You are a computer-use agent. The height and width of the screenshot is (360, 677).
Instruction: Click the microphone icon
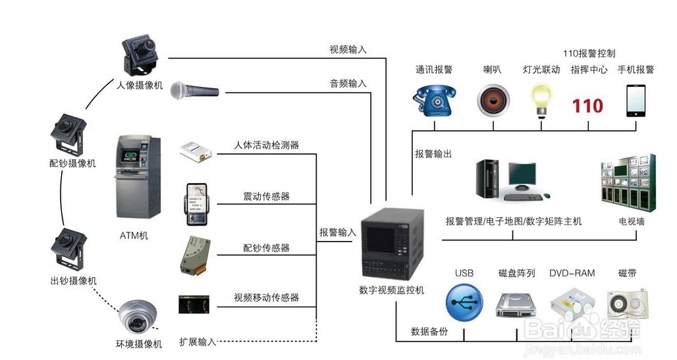click(x=194, y=90)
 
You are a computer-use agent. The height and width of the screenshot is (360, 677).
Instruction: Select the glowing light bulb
click(x=541, y=99)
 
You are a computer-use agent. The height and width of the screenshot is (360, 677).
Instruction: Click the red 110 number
click(x=587, y=105)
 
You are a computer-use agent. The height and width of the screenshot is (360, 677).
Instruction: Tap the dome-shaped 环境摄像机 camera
click(x=138, y=318)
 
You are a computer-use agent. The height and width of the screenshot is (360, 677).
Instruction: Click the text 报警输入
click(x=338, y=232)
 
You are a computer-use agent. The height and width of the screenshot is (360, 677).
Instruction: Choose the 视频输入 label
click(x=348, y=49)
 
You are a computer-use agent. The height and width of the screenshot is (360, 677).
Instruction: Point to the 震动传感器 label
click(x=266, y=196)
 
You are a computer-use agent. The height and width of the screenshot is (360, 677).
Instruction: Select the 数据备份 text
click(x=429, y=332)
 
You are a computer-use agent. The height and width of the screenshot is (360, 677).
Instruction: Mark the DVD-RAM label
click(x=572, y=273)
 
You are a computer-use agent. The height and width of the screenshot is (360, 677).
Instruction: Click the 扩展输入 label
click(x=198, y=342)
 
